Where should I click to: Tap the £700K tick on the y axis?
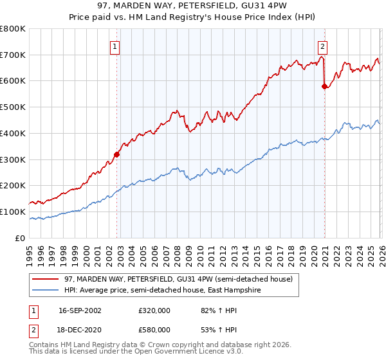click(13, 55)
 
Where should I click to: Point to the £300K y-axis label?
click(13, 159)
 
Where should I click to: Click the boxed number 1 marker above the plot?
click(115, 46)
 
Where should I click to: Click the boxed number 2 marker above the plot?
click(322, 46)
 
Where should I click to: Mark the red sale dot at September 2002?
click(116, 154)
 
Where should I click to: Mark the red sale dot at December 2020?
click(324, 86)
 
